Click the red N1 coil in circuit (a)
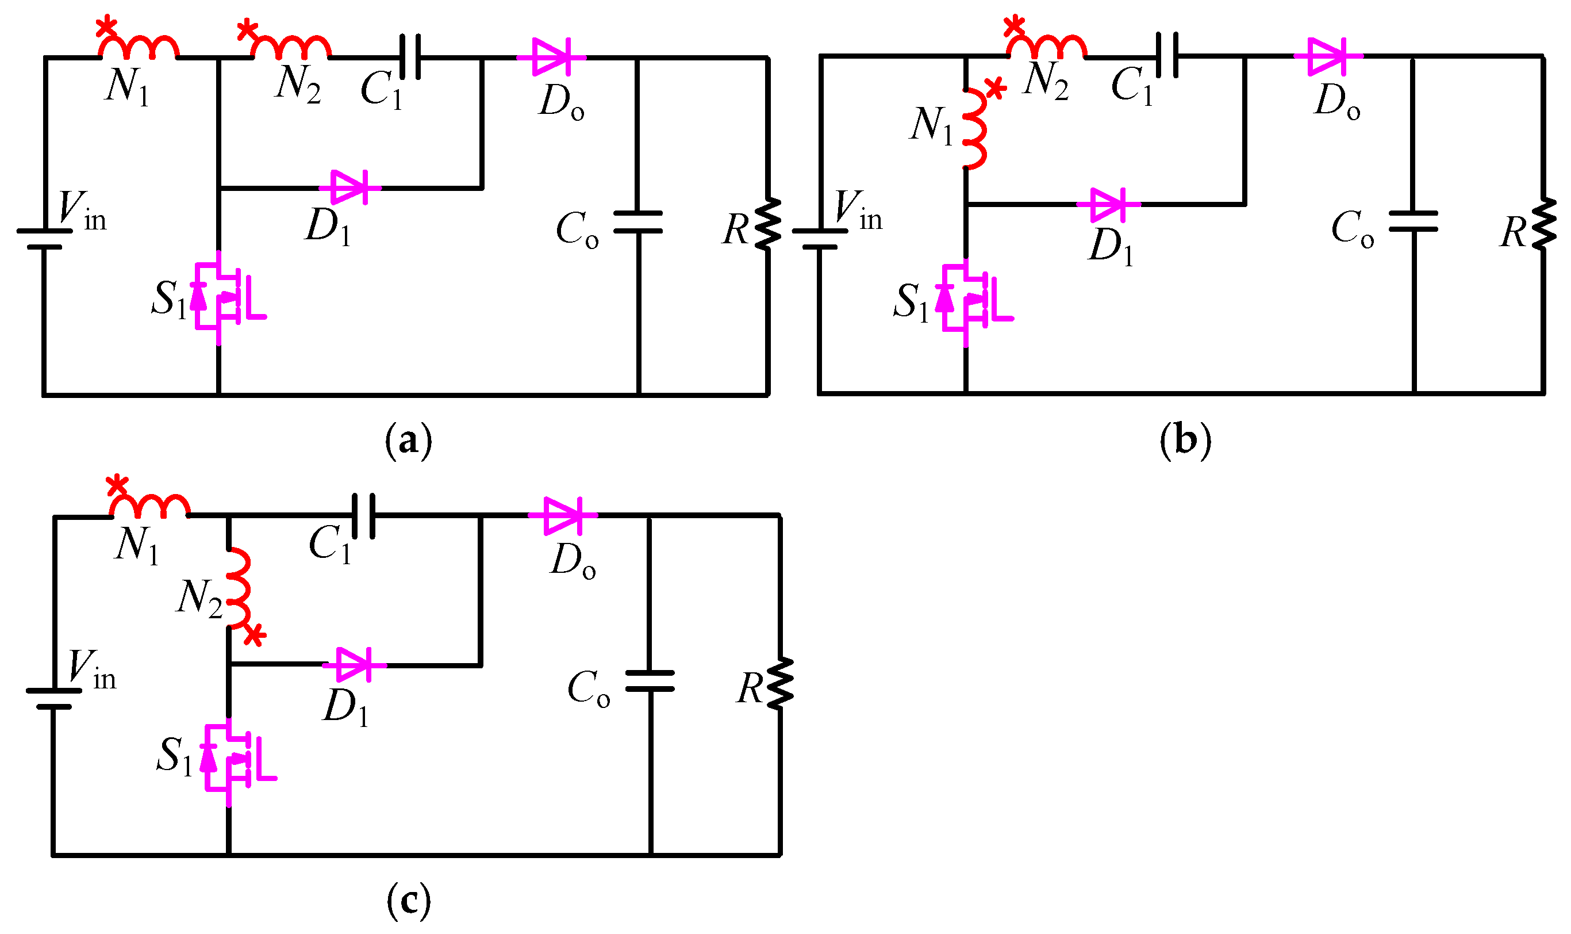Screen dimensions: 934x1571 pos(139,47)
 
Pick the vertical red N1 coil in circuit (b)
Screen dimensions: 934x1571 pos(974,129)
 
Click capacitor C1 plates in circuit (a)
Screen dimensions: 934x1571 pos(410,58)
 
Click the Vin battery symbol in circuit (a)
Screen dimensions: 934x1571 pos(44,239)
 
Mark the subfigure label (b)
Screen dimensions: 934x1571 pos(1185,440)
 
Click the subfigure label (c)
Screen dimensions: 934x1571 pos(409,900)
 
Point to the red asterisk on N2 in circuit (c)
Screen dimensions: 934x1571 pos(254,634)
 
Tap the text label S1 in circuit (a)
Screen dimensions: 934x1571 pos(168,299)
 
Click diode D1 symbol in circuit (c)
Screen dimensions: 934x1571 pos(354,665)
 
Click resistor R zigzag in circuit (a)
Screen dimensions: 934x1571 pos(769,225)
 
